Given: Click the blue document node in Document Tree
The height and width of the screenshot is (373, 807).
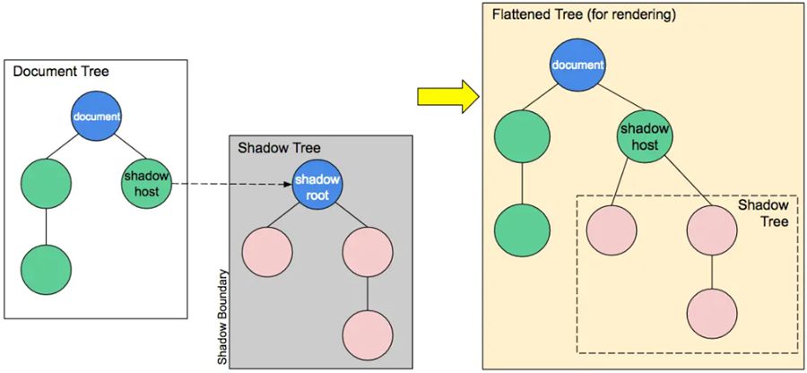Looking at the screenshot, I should (97, 117).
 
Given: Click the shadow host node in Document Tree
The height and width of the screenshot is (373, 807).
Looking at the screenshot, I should (145, 182).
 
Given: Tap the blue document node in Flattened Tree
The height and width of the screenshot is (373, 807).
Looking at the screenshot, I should (575, 66).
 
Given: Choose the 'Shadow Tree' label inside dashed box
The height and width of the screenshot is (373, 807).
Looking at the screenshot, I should (763, 213).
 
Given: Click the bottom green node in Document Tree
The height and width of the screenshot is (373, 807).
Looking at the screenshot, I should (47, 267).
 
